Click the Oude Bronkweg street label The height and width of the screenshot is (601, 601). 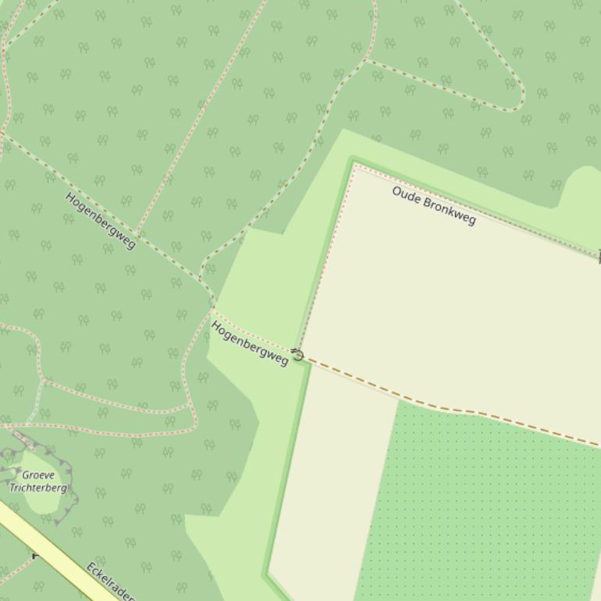(434, 205)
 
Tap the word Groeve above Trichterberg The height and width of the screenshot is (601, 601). (38, 475)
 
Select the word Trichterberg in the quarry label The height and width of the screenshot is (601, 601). (38, 488)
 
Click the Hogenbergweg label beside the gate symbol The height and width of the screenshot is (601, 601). (249, 343)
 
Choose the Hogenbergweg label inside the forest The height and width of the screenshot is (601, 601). (100, 221)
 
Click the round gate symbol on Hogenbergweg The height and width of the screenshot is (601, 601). (297, 355)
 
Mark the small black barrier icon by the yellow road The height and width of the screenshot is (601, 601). (35, 555)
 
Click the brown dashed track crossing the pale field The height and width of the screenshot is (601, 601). (437, 405)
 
